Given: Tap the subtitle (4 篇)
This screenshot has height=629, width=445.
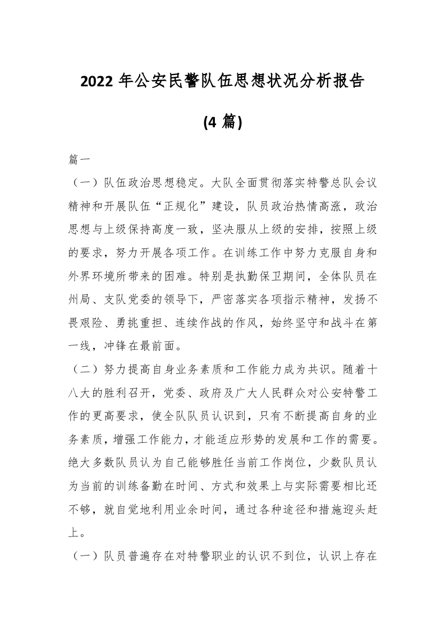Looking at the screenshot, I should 222,121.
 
